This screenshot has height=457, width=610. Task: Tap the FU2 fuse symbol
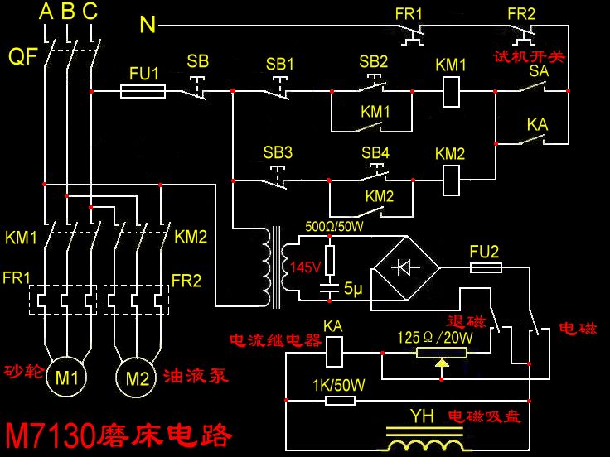(x=485, y=267)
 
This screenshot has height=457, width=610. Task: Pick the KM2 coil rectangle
(x=451, y=179)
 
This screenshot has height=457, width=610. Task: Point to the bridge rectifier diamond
(x=404, y=267)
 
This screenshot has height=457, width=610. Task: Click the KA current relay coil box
(x=333, y=353)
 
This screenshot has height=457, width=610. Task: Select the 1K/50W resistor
(x=340, y=401)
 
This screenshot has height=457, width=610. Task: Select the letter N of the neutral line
(x=148, y=25)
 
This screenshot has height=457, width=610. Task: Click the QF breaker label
(x=22, y=56)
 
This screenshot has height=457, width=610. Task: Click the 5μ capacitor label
(x=354, y=289)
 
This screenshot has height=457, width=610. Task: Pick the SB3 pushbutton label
(x=278, y=153)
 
